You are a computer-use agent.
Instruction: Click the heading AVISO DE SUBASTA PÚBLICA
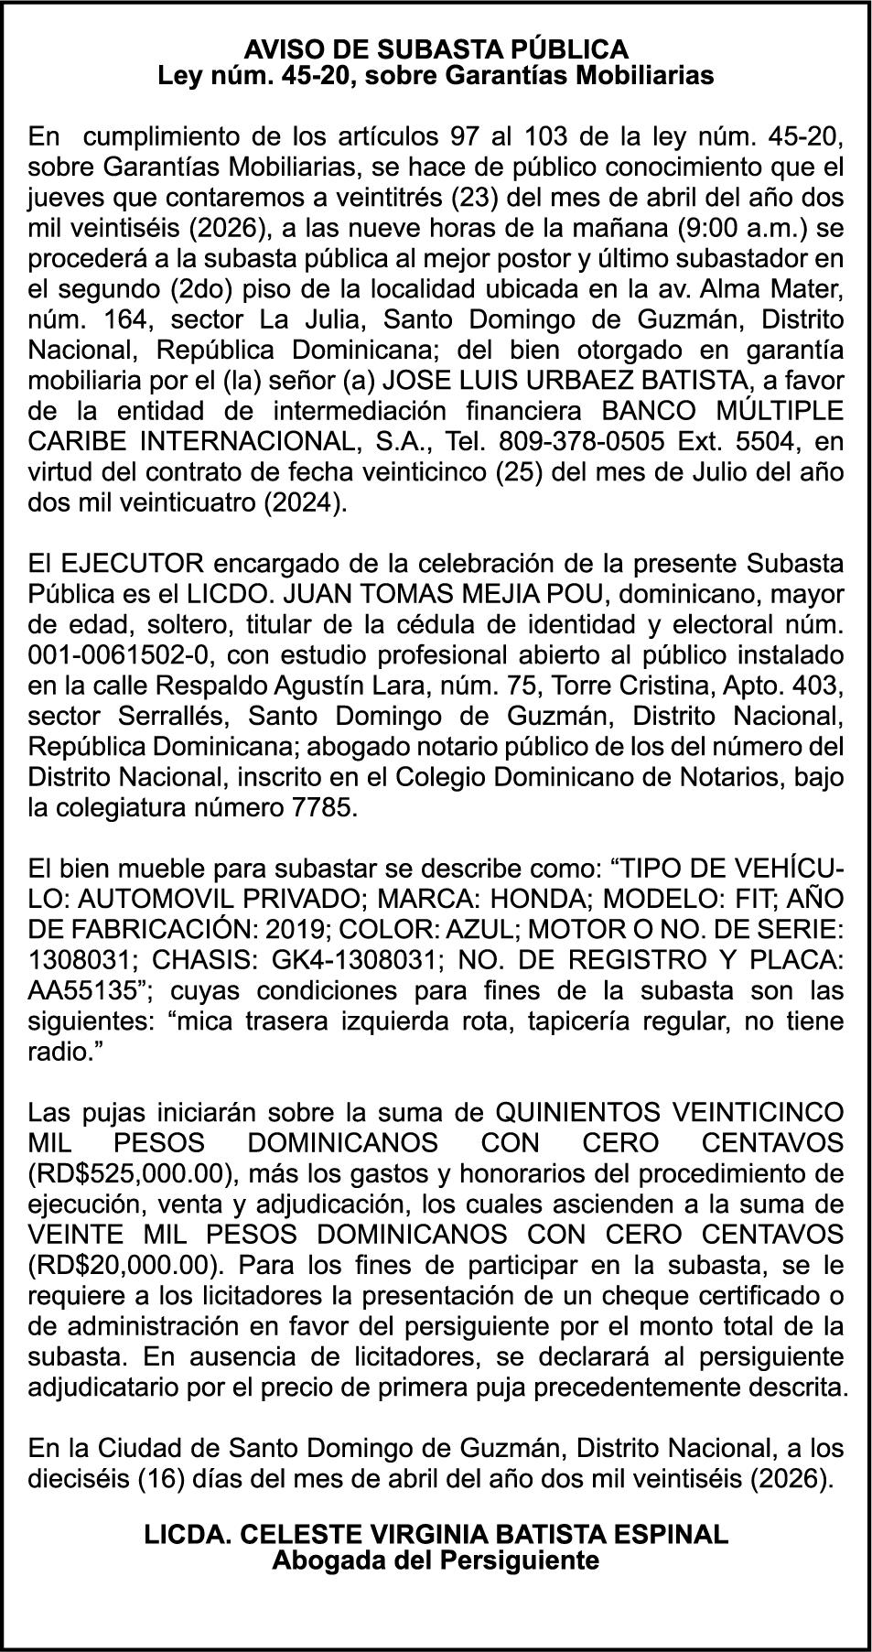coord(436,49)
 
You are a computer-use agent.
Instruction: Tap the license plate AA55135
coord(83,991)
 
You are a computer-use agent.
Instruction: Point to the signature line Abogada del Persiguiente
coord(436,1560)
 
